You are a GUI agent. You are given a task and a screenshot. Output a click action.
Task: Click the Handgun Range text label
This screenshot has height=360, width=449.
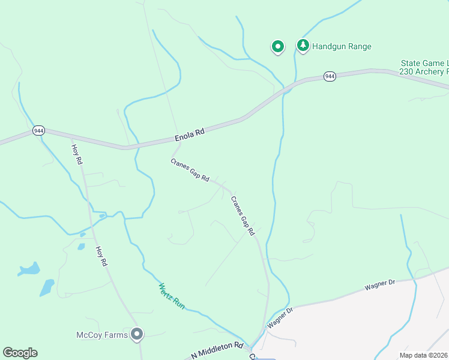[342, 46]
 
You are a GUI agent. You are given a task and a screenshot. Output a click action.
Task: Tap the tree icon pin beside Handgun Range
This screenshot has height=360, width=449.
[303, 46]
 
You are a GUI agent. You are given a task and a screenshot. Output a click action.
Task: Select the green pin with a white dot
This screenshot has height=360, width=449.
[277, 46]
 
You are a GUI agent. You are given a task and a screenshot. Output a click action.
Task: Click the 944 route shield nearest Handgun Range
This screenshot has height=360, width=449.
[330, 77]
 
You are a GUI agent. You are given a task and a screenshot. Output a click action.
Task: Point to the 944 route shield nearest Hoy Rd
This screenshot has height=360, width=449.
[38, 130]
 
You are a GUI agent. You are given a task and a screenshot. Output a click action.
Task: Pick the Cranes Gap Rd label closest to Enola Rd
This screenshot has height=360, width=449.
[190, 170]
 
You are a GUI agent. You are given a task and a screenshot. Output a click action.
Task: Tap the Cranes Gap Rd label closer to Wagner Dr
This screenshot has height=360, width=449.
[243, 215]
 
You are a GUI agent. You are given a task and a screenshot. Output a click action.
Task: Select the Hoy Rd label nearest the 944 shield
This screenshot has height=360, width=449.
[77, 155]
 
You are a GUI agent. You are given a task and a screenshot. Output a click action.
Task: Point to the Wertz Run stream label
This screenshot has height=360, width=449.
[171, 295]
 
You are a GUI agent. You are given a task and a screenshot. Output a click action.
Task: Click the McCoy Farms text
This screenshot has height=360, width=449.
[102, 335]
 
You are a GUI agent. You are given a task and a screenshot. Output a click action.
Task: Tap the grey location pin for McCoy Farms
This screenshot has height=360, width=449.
[137, 334]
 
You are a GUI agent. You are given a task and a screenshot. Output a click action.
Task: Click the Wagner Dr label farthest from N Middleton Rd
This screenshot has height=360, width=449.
[381, 284]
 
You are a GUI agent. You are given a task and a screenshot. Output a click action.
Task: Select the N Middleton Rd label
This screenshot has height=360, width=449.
[217, 351]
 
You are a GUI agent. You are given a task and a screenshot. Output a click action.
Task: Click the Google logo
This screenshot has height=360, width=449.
[20, 353]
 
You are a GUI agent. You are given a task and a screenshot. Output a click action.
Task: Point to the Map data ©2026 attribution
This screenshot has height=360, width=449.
[424, 355]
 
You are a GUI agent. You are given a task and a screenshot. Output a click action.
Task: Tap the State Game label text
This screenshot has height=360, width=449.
[424, 63]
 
